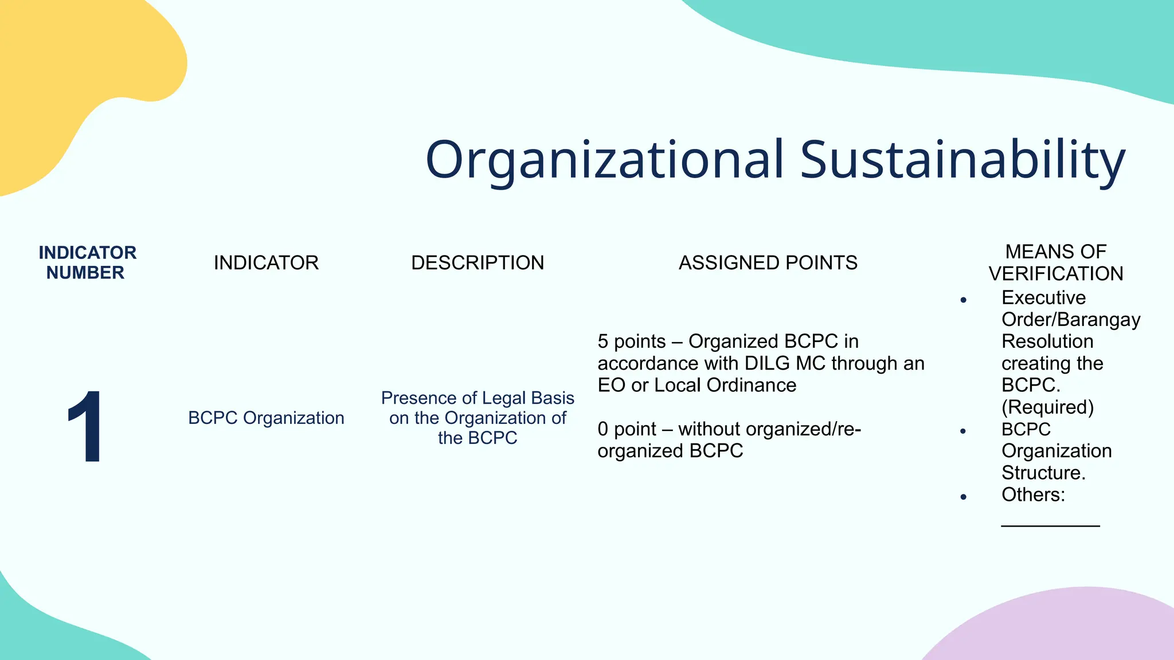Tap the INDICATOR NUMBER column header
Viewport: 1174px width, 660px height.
pyautogui.click(x=87, y=262)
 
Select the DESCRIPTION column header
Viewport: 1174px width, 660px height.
pyautogui.click(x=478, y=262)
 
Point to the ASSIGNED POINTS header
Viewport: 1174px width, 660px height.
pyautogui.click(x=768, y=262)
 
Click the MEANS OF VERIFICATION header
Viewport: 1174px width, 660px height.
pyautogui.click(x=1056, y=262)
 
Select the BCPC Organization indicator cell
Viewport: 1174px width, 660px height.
pyautogui.click(x=266, y=418)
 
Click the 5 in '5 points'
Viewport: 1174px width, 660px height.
pyautogui.click(x=602, y=341)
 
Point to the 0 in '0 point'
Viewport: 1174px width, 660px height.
pyautogui.click(x=602, y=429)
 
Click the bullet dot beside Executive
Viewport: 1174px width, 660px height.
pyautogui.click(x=964, y=300)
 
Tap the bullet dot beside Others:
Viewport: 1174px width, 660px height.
pyautogui.click(x=964, y=497)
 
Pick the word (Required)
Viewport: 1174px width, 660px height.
pyautogui.click(x=1047, y=407)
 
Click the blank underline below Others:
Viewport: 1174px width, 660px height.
pyautogui.click(x=1050, y=524)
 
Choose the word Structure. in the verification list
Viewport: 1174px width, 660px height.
pyautogui.click(x=1043, y=473)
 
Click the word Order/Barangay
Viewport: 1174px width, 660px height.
pyautogui.click(x=1071, y=319)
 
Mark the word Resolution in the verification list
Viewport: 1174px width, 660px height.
pyautogui.click(x=1047, y=341)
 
